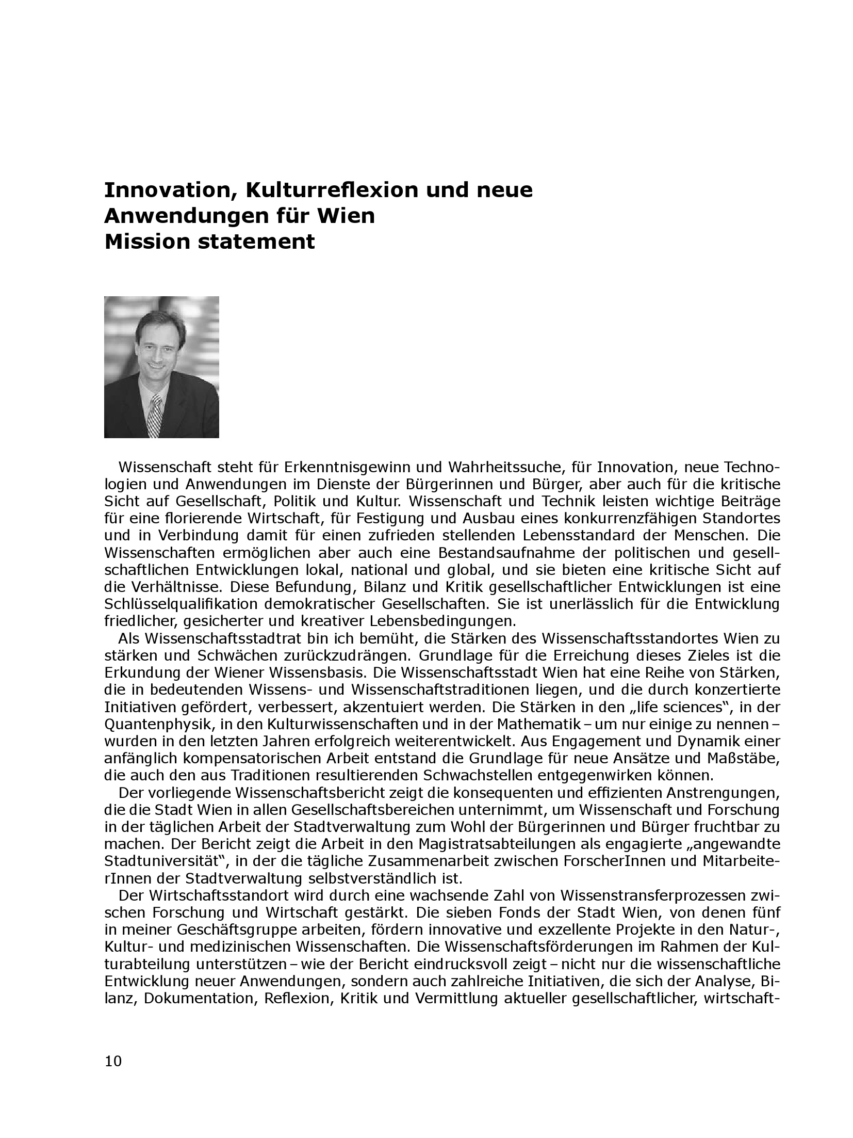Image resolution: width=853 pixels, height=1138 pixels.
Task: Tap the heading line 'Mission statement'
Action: (209, 242)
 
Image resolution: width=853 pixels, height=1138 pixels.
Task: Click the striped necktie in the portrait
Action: (154, 416)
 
